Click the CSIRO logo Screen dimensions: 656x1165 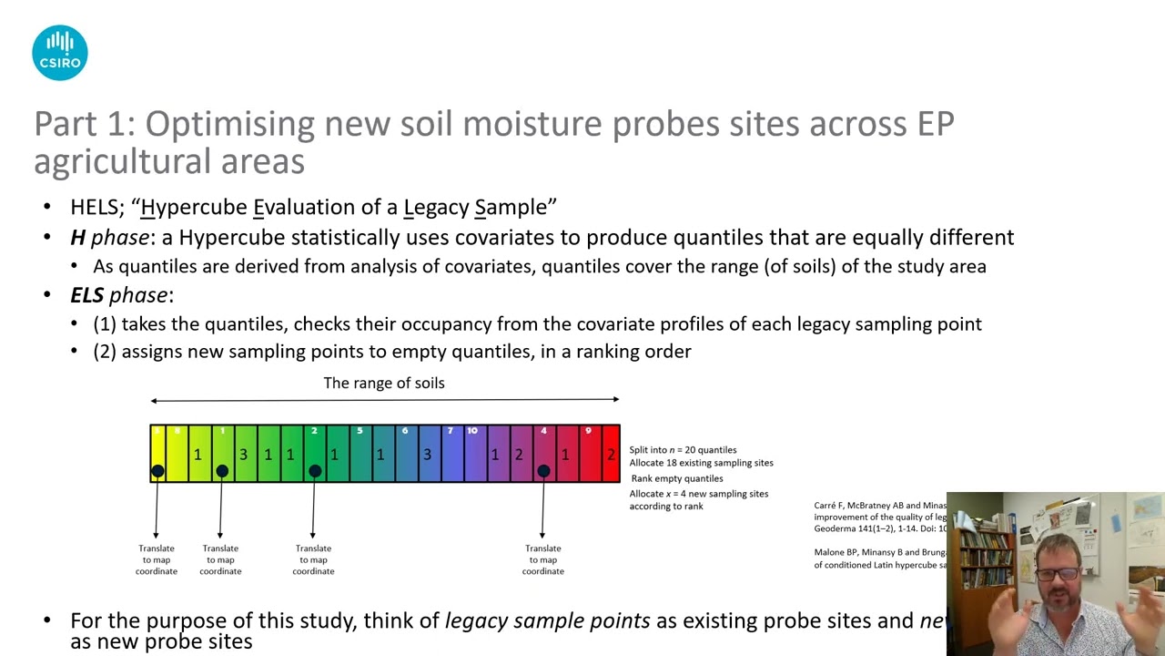pyautogui.click(x=60, y=53)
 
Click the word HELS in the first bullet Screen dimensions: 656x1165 pyautogui.click(x=94, y=207)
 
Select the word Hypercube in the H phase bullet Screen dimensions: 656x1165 pyautogui.click(x=227, y=238)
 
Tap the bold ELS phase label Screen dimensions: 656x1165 pyautogui.click(x=119, y=295)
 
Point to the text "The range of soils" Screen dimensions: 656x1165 pyautogui.click(x=384, y=383)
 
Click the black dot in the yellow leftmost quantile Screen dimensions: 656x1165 pyautogui.click(x=157, y=471)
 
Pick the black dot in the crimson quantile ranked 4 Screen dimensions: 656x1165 pyautogui.click(x=543, y=471)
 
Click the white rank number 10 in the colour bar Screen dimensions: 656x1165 pyautogui.click(x=472, y=431)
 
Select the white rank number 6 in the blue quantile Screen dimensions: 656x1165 pyautogui.click(x=405, y=431)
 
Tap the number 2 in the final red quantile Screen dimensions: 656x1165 pyautogui.click(x=611, y=454)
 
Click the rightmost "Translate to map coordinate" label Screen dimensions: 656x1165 pyautogui.click(x=542, y=559)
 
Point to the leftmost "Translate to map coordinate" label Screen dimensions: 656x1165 pyautogui.click(x=157, y=559)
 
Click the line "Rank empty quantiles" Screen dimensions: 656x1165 pyautogui.click(x=677, y=478)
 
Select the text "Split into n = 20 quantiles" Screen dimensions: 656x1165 pyautogui.click(x=683, y=450)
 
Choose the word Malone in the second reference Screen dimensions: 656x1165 pyautogui.click(x=831, y=552)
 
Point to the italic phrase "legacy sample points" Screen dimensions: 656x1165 pyautogui.click(x=547, y=621)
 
